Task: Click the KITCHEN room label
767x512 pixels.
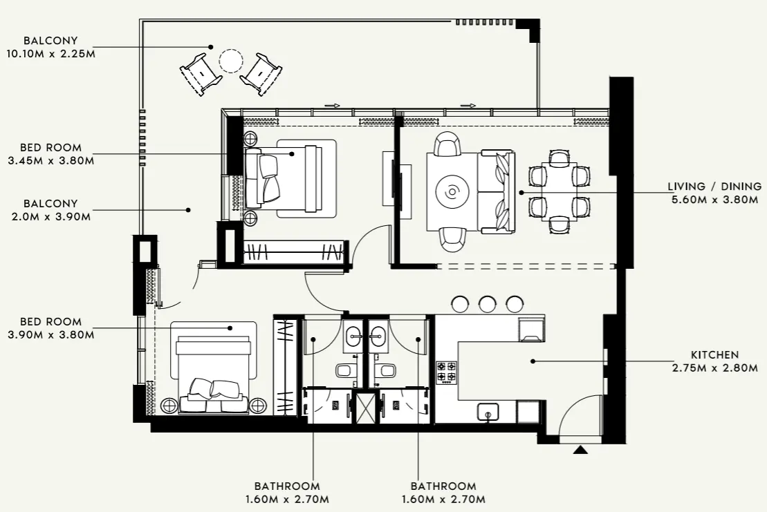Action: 714,354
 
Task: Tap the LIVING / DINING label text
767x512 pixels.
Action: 714,187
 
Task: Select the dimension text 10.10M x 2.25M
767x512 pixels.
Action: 50,53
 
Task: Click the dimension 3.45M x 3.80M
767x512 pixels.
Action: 50,160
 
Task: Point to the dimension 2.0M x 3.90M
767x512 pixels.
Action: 50,216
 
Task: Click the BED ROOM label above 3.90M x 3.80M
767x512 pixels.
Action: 50,321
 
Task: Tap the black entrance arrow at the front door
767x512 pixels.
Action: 580,450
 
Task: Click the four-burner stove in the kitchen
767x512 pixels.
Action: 446,371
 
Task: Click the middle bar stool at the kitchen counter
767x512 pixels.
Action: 488,303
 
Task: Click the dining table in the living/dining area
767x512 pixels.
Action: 559,191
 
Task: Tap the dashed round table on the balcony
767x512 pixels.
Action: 230,61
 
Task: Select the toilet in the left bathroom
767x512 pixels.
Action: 344,370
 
